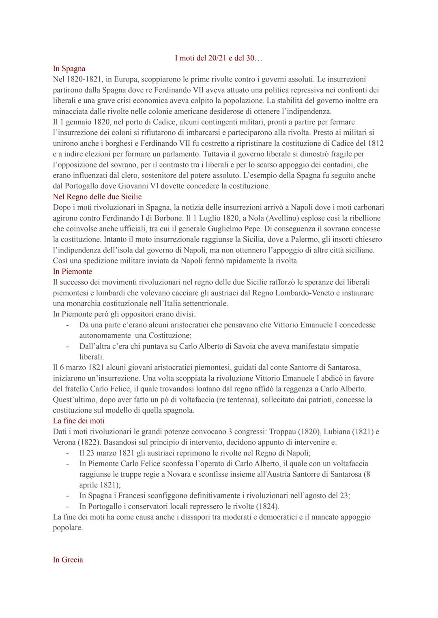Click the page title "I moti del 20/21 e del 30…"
pyautogui.click(x=219, y=58)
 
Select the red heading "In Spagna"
pyautogui.click(x=69, y=69)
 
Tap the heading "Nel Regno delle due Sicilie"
pyautogui.click(x=97, y=197)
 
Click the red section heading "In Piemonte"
pyautogui.click(x=73, y=272)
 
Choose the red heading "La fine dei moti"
pyautogui.click(x=79, y=421)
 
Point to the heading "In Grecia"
pyautogui.click(x=68, y=560)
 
